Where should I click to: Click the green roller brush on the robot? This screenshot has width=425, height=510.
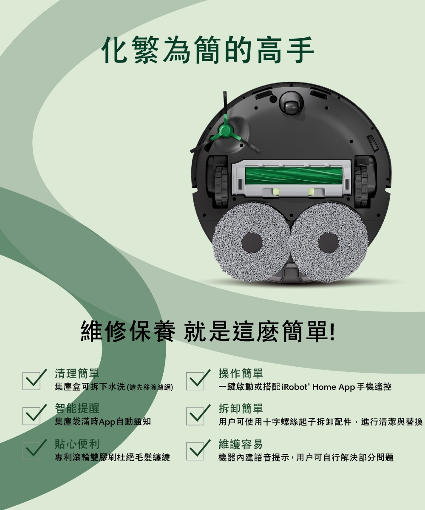pyautogui.click(x=292, y=176)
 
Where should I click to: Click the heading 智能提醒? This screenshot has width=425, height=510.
pyautogui.click(x=77, y=409)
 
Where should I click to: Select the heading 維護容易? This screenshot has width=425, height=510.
pyautogui.click(x=241, y=445)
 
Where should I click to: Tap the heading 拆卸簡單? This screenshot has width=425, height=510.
pyautogui.click(x=241, y=409)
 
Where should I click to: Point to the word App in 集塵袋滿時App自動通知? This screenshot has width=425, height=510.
pyautogui.click(x=107, y=422)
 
